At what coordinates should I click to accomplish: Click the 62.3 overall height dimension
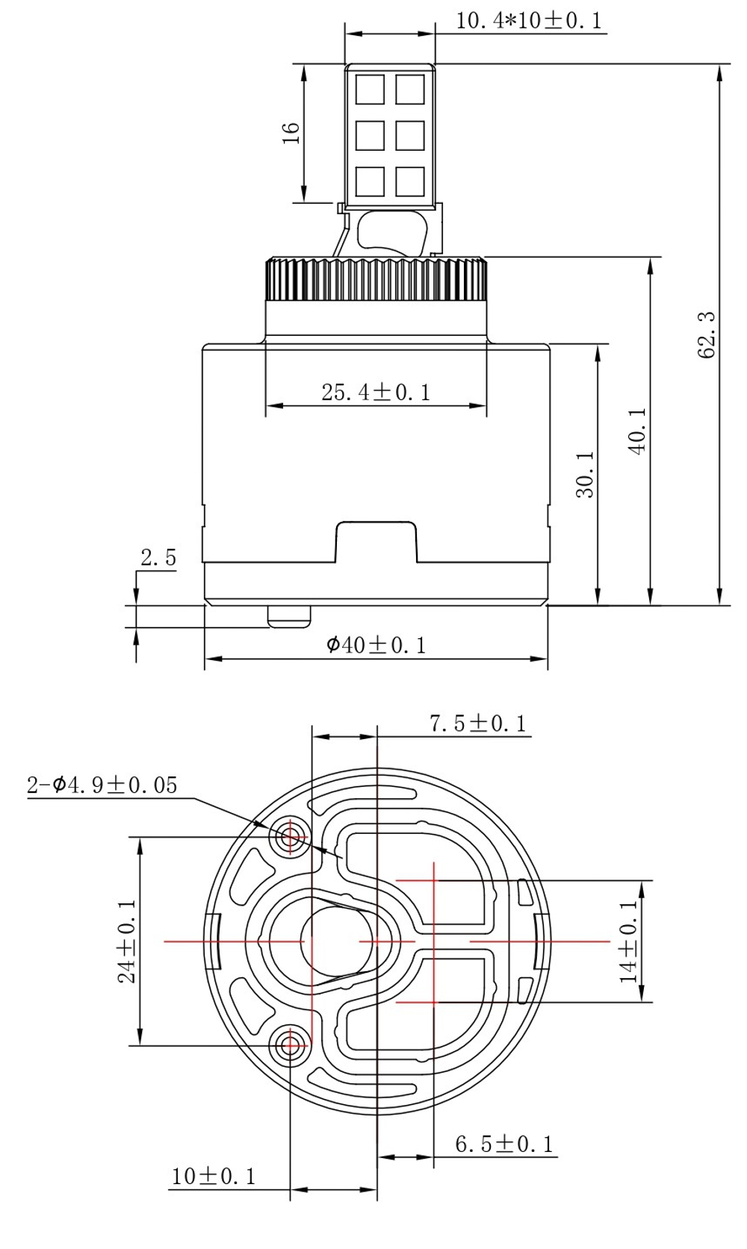tap(706, 334)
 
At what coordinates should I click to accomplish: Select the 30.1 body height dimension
tap(586, 475)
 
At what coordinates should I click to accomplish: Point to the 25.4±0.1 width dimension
tap(376, 393)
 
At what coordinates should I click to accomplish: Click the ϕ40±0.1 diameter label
tap(376, 645)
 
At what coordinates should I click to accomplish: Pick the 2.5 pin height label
tap(158, 558)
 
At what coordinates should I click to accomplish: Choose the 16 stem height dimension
tap(291, 133)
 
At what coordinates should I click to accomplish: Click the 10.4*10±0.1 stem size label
tap(529, 21)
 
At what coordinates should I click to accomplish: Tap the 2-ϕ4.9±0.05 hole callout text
tap(102, 785)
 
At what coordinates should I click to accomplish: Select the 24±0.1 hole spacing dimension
tap(127, 941)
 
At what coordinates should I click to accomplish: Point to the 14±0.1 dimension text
tap(629, 941)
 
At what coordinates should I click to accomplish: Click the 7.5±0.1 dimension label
tap(478, 723)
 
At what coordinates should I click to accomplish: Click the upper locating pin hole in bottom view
tap(290, 836)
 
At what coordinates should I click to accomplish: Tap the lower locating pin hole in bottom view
tap(290, 1046)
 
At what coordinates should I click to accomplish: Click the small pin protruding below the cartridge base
tap(289, 617)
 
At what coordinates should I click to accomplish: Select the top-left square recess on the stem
tap(370, 90)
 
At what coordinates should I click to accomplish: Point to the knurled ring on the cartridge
tap(376, 278)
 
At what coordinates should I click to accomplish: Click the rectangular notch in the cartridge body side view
tap(376, 541)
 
